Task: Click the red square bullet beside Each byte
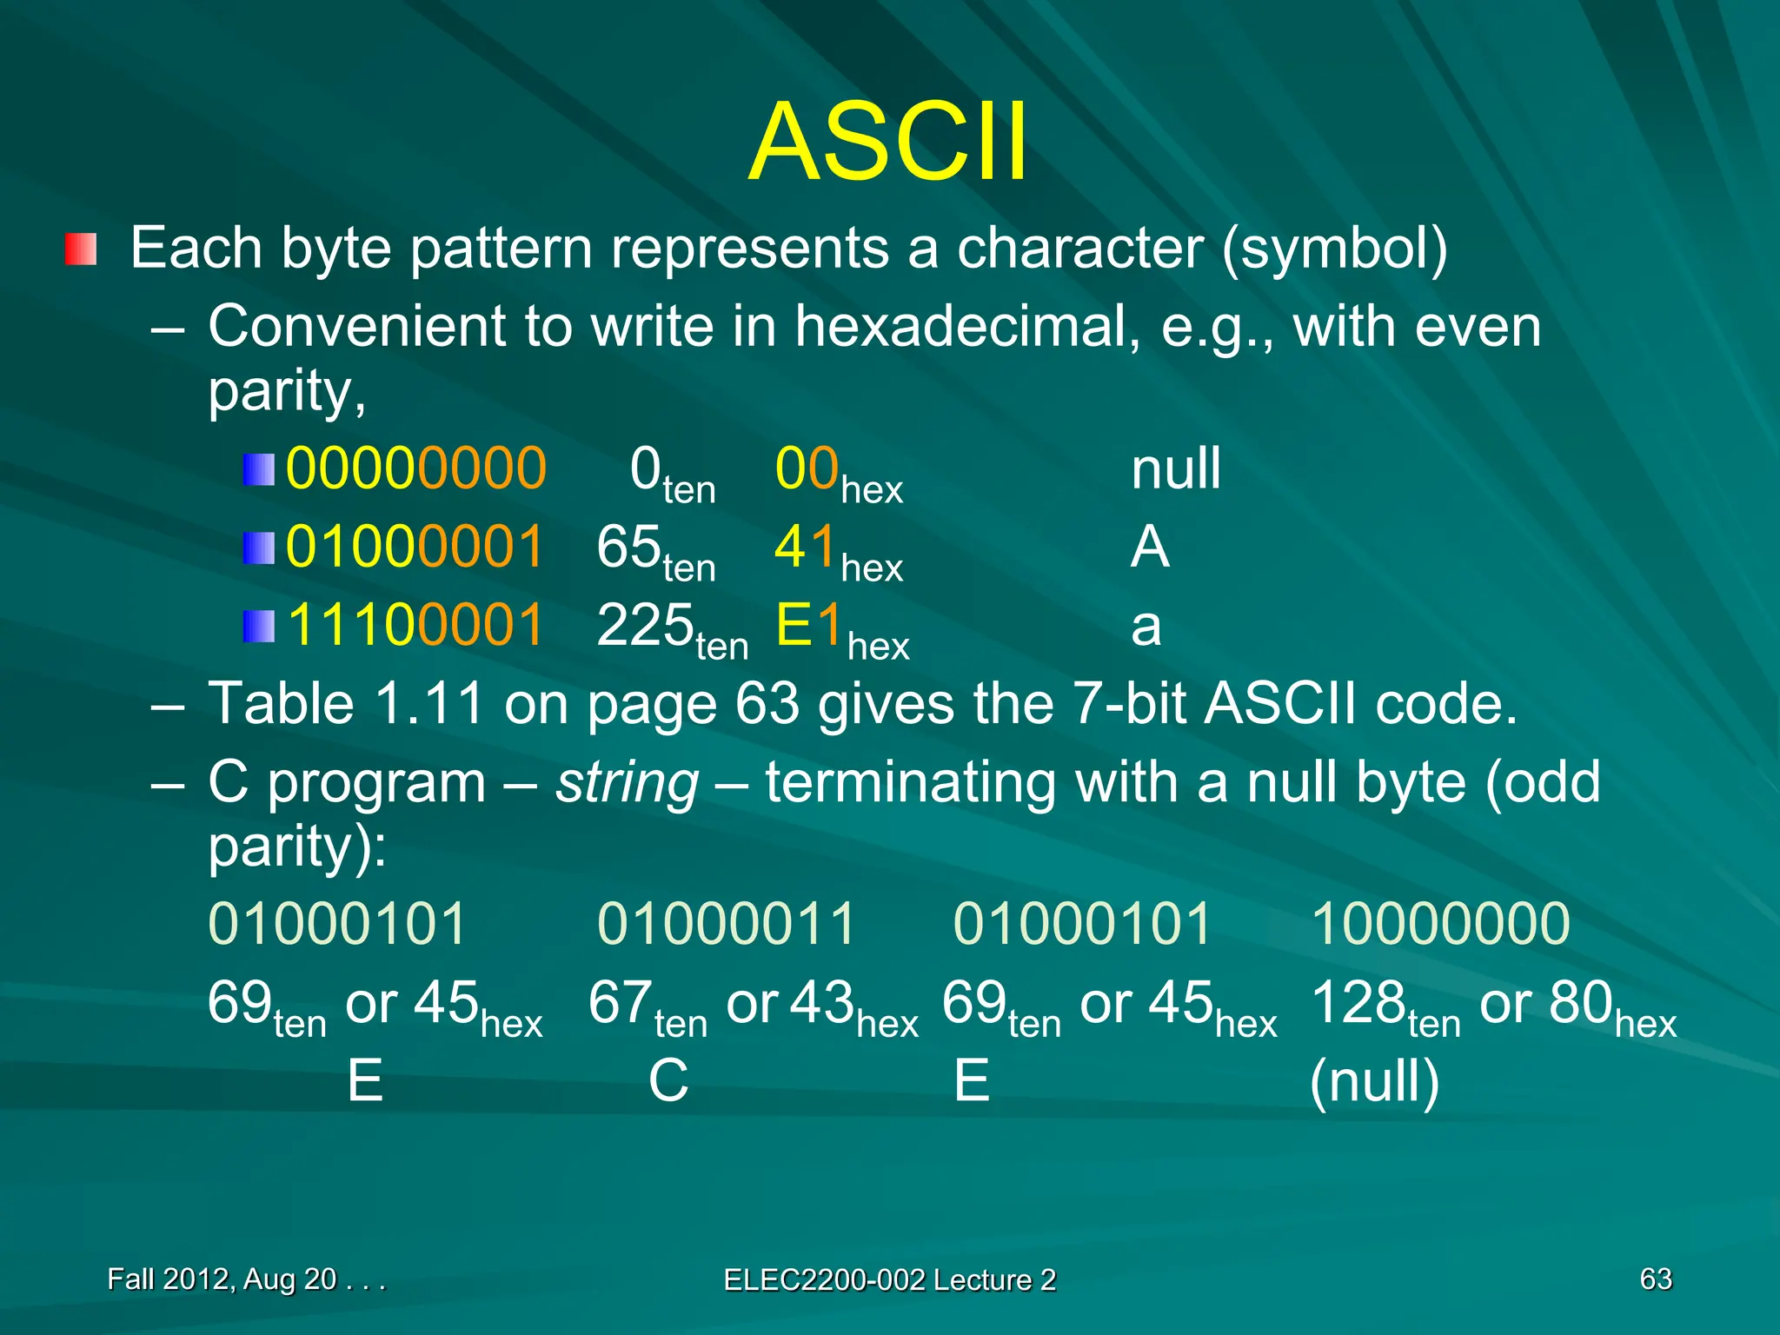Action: (x=80, y=249)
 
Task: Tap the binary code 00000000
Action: (x=415, y=468)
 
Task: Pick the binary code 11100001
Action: (x=415, y=625)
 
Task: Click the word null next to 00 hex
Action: (x=1175, y=468)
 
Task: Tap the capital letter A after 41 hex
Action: (x=1149, y=548)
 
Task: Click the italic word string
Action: (x=627, y=783)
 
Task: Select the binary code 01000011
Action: (x=727, y=923)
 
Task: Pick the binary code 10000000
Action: (x=1440, y=923)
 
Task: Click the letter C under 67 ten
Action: (x=668, y=1081)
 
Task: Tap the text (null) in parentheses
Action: (x=1374, y=1083)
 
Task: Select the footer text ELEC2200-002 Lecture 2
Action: (x=889, y=1279)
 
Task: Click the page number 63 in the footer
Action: (x=1655, y=1279)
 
